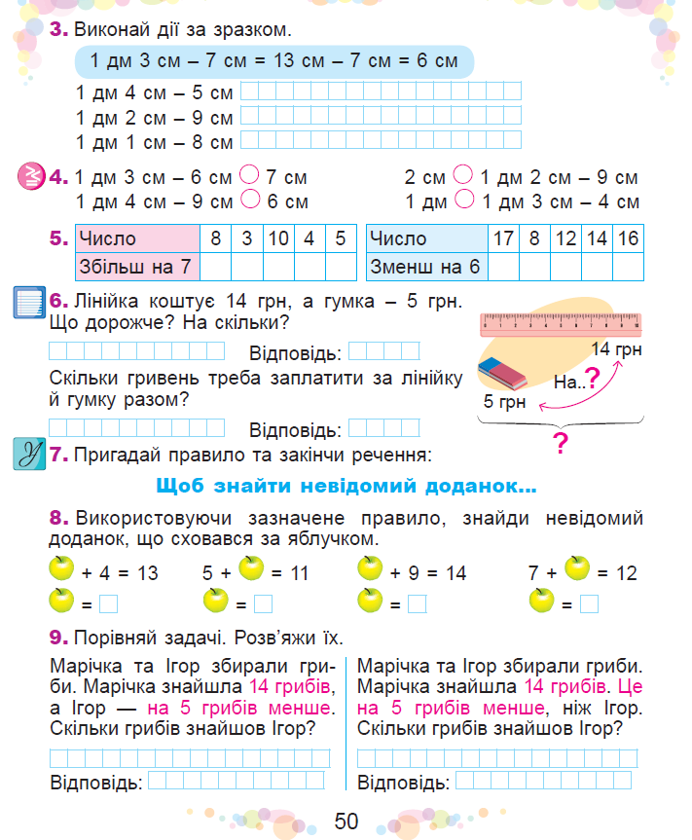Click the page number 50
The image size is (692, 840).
pyautogui.click(x=346, y=821)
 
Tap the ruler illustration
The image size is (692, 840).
pyautogui.click(x=562, y=323)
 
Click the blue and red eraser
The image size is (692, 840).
pyautogui.click(x=502, y=373)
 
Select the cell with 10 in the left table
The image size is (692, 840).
pyautogui.click(x=278, y=238)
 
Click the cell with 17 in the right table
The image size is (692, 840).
pyautogui.click(x=503, y=238)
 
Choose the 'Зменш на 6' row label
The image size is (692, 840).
pyautogui.click(x=426, y=266)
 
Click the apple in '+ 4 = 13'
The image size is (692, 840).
pyautogui.click(x=61, y=568)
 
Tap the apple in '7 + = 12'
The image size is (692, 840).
pyautogui.click(x=578, y=567)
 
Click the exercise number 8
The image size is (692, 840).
pyautogui.click(x=58, y=516)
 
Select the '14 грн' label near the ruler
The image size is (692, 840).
pyautogui.click(x=616, y=349)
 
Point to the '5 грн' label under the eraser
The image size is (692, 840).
pyautogui.click(x=504, y=400)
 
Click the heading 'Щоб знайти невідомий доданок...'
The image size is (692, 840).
pyautogui.click(x=346, y=485)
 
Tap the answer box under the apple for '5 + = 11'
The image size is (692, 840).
pyautogui.click(x=263, y=603)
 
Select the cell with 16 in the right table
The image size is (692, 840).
pyautogui.click(x=628, y=238)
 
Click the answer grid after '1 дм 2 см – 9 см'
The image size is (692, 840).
pyautogui.click(x=381, y=117)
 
